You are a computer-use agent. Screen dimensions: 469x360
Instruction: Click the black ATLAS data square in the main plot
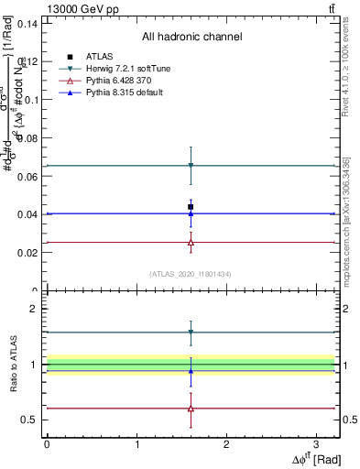click(x=191, y=207)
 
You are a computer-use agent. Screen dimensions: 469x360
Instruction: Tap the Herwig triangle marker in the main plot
click(x=191, y=166)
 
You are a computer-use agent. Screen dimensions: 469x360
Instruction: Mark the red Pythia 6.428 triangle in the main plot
click(x=191, y=243)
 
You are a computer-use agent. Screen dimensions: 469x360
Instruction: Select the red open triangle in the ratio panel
click(x=191, y=409)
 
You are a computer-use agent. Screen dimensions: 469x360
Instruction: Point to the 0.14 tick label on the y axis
click(x=27, y=24)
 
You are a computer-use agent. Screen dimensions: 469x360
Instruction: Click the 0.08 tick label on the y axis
click(x=27, y=138)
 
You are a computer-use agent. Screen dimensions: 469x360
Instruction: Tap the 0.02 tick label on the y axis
click(x=27, y=252)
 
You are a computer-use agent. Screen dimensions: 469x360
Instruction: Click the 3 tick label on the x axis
click(x=316, y=443)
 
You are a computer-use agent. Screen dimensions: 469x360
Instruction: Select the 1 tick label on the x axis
click(x=136, y=443)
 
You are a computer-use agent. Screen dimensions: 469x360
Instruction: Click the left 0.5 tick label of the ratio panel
click(x=30, y=420)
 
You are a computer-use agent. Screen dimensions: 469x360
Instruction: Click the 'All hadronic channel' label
click(x=191, y=38)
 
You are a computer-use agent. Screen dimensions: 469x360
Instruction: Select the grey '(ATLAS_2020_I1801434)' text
click(x=191, y=274)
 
